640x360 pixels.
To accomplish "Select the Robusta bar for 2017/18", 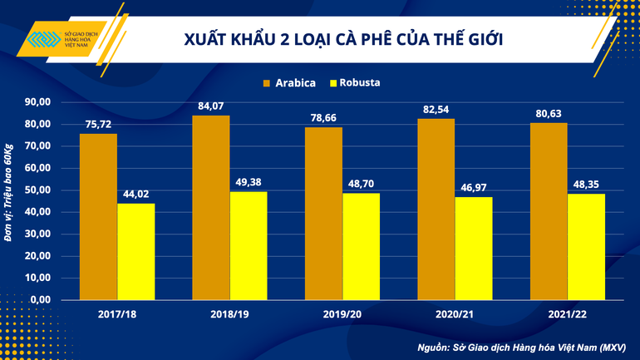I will (x=135, y=251).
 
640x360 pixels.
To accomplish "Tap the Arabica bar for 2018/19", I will (x=211, y=207).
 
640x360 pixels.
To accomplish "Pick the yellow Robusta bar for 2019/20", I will (x=361, y=246).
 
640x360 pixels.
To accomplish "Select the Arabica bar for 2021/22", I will (x=549, y=211).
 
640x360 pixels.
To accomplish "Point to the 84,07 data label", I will (x=211, y=106).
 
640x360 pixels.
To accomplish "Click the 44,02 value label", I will (x=135, y=194).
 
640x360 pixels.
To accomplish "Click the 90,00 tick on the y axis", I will (x=39, y=102).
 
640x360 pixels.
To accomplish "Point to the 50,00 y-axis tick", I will (x=39, y=190).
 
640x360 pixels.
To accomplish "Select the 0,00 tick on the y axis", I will (x=42, y=299).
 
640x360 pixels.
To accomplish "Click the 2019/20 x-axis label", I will (x=342, y=315).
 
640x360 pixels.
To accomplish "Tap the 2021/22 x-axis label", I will (x=567, y=315).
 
